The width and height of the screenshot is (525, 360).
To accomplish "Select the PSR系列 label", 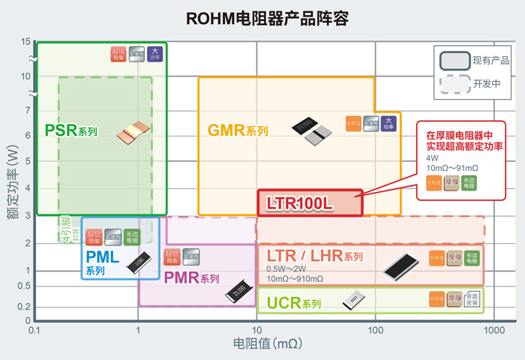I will tap(71, 130).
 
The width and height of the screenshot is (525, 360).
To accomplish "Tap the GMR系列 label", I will tap(237, 130).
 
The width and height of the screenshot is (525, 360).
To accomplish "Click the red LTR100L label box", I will tap(310, 203).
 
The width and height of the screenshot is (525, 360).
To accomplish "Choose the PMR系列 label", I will tap(191, 278).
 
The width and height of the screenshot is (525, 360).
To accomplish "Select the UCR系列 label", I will tap(289, 304).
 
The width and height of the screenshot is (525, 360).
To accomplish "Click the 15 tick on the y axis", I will tap(26, 41).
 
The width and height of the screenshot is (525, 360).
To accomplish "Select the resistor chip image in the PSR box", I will tap(127, 135).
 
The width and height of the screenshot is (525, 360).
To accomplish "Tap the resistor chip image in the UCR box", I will tap(354, 300).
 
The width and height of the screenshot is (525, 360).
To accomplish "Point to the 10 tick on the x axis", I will tap(256, 330).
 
